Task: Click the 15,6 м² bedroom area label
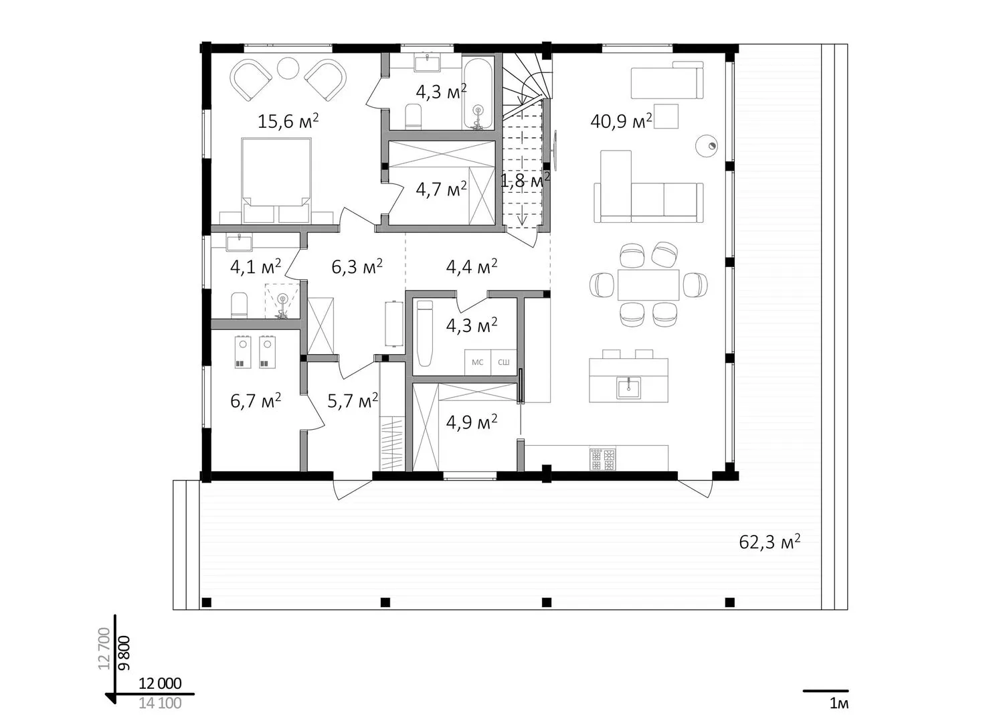tap(288, 121)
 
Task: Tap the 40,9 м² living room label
tap(622, 120)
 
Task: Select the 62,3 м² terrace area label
tap(769, 542)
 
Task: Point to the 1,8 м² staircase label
tap(525, 180)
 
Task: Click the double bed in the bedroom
tap(276, 180)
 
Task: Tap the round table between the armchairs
tap(288, 68)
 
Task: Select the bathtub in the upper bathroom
tap(478, 93)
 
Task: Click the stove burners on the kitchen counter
tap(603, 459)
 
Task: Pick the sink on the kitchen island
tap(628, 388)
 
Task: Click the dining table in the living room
tap(648, 285)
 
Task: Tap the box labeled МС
tap(478, 362)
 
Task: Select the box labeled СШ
tap(504, 362)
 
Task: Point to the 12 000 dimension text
tap(160, 684)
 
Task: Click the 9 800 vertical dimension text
tap(124, 653)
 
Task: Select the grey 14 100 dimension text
tap(160, 704)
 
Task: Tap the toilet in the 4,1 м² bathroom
tap(239, 305)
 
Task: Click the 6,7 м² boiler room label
tap(256, 401)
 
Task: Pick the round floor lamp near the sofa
tap(707, 145)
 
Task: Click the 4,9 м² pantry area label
tap(472, 422)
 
